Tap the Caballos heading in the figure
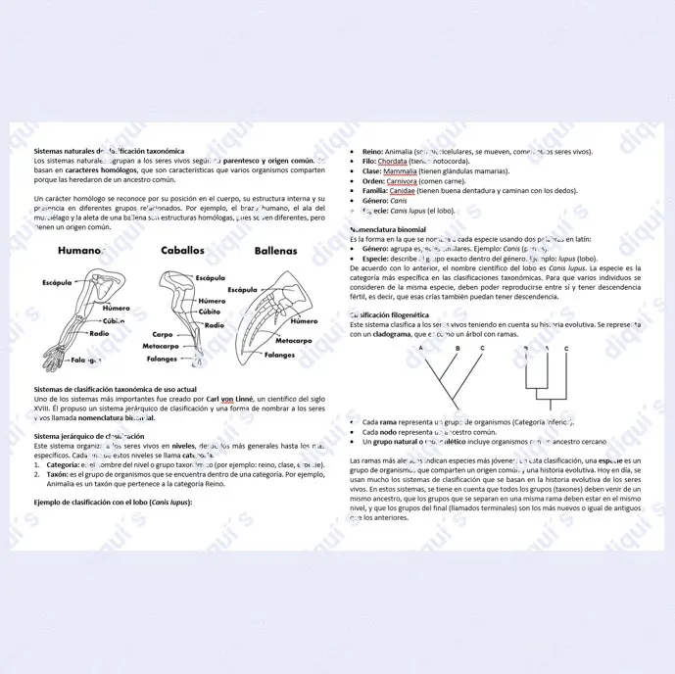[x=182, y=250]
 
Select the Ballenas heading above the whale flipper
[x=275, y=251]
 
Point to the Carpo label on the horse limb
[x=163, y=335]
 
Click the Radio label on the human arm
[x=99, y=333]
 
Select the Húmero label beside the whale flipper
[x=304, y=320]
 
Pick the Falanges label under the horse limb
[x=163, y=358]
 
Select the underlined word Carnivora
[x=402, y=181]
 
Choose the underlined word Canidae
[x=402, y=191]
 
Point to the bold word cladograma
[x=390, y=334]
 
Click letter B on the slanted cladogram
[x=456, y=349]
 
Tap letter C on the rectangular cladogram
[x=566, y=349]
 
